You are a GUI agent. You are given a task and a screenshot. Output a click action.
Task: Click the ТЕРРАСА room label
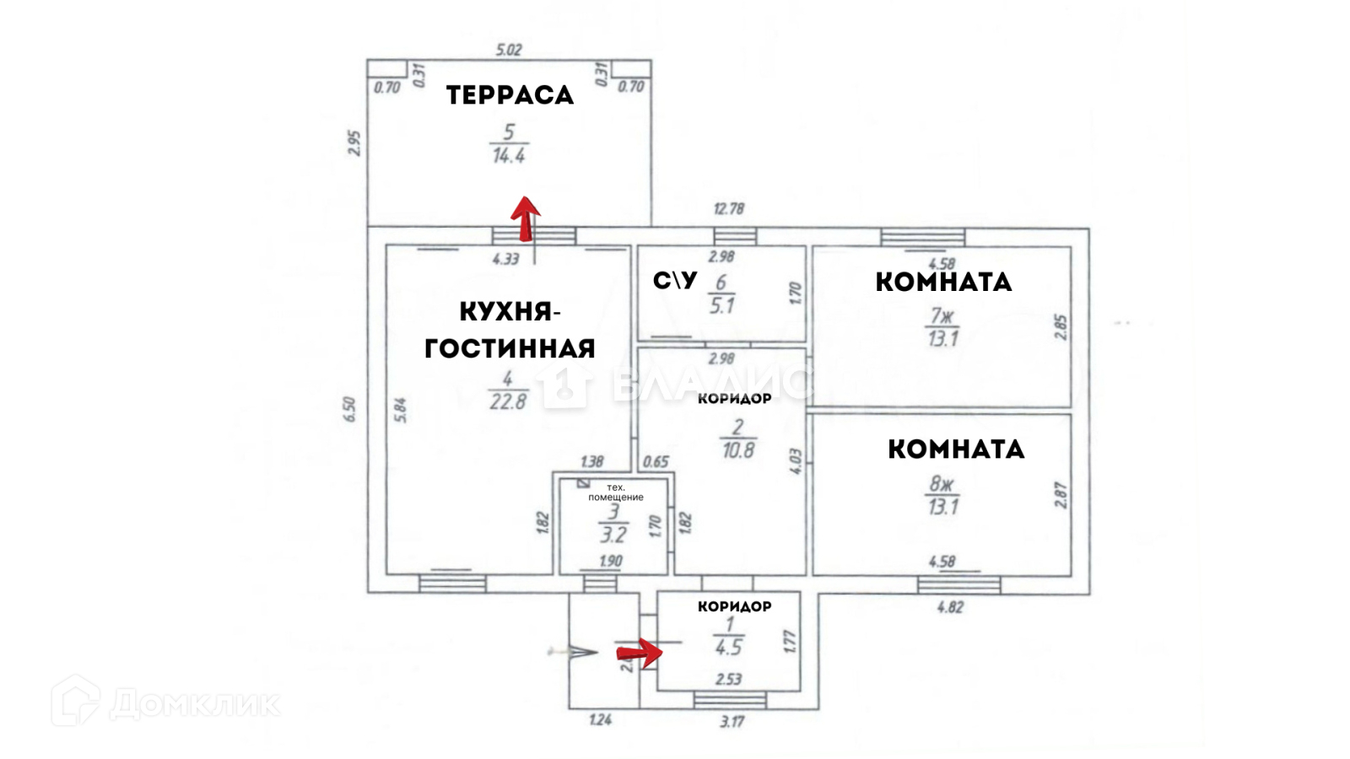pyautogui.click(x=510, y=95)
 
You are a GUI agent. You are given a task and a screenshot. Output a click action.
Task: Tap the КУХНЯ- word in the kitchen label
pyautogui.click(x=510, y=312)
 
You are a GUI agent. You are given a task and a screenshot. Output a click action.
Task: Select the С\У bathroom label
pyautogui.click(x=675, y=281)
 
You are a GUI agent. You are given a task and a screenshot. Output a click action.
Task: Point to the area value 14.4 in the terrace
pyautogui.click(x=509, y=156)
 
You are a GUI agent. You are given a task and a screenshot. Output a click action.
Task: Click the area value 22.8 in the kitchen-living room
pyautogui.click(x=508, y=402)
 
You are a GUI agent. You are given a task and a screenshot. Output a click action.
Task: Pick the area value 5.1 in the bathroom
pyautogui.click(x=722, y=306)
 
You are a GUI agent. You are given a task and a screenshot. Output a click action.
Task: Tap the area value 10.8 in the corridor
pyautogui.click(x=738, y=450)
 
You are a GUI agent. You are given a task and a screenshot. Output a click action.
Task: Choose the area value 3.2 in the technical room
pyautogui.click(x=613, y=535)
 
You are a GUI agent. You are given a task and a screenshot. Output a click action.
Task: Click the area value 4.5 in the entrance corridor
pyautogui.click(x=728, y=648)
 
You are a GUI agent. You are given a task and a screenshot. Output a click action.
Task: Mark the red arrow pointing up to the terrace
pyautogui.click(x=526, y=218)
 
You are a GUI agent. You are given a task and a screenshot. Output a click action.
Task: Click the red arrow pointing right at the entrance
pyautogui.click(x=639, y=652)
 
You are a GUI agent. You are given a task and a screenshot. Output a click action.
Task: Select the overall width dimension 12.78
pyautogui.click(x=729, y=209)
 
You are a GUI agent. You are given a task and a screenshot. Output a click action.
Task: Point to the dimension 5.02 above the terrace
pyautogui.click(x=509, y=50)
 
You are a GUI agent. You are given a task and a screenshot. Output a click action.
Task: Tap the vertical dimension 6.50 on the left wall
pyautogui.click(x=350, y=410)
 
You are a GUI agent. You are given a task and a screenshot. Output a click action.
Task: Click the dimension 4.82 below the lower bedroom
pyautogui.click(x=950, y=606)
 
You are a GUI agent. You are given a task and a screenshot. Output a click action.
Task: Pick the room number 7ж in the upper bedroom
pyautogui.click(x=942, y=316)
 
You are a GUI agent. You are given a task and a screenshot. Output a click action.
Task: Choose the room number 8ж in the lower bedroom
pyautogui.click(x=942, y=484)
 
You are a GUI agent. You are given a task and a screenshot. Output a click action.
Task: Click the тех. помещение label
pyautogui.click(x=616, y=493)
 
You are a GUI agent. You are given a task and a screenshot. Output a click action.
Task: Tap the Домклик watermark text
pyautogui.click(x=195, y=703)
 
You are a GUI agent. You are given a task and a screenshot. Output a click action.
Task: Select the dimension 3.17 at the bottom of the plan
pyautogui.click(x=732, y=722)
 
